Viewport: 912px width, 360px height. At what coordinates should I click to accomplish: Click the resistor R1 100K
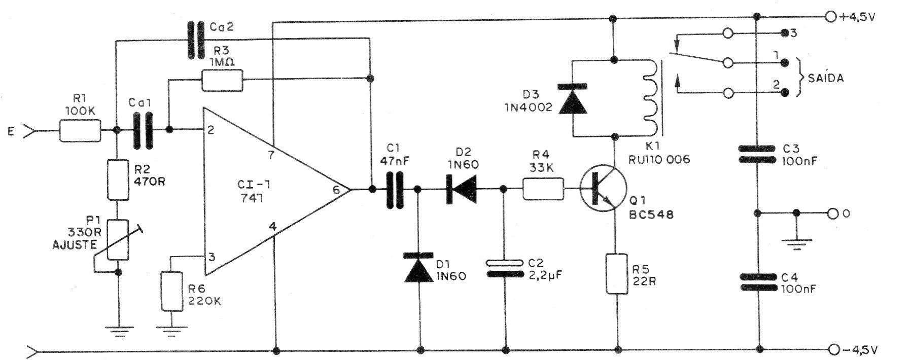pos(80,131)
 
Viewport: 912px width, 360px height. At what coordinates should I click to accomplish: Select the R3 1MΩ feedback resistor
pos(222,80)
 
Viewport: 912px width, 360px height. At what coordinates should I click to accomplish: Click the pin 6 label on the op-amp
pos(336,190)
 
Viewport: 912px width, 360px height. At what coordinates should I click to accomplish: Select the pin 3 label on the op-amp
pos(212,257)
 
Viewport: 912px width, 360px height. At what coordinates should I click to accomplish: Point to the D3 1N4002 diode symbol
pos(573,98)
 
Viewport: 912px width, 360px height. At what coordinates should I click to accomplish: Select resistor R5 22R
pos(617,274)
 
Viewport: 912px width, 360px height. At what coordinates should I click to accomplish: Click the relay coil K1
pos(650,98)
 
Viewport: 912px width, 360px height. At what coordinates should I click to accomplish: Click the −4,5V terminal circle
pos(832,349)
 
